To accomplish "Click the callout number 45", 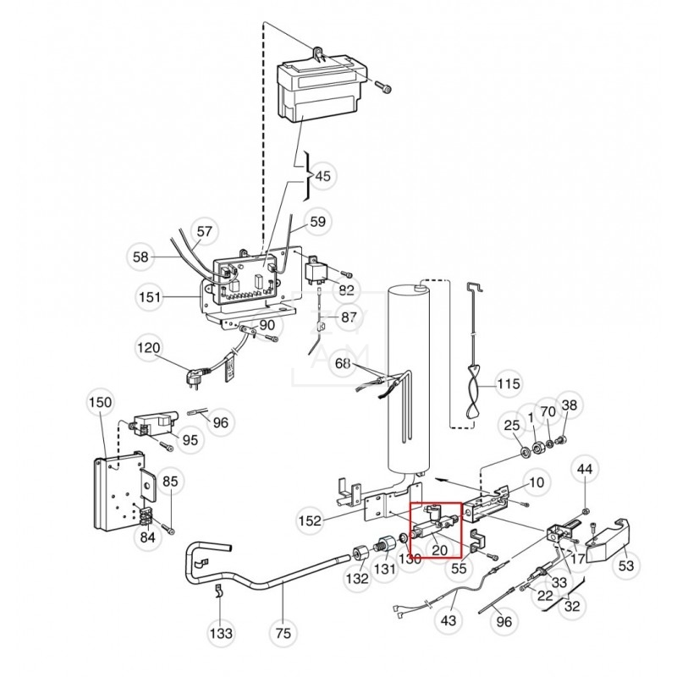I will tap(322, 177).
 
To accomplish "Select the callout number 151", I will tap(149, 297).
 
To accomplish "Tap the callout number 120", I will tap(149, 349).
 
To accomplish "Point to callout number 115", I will tap(508, 384).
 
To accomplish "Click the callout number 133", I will tap(223, 632).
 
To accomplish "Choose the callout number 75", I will tap(284, 632).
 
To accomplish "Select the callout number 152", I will tap(311, 520).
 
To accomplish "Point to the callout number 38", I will tap(569, 406).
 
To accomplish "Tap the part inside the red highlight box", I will tap(433, 524).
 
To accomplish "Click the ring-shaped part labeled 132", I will tap(359, 554).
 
